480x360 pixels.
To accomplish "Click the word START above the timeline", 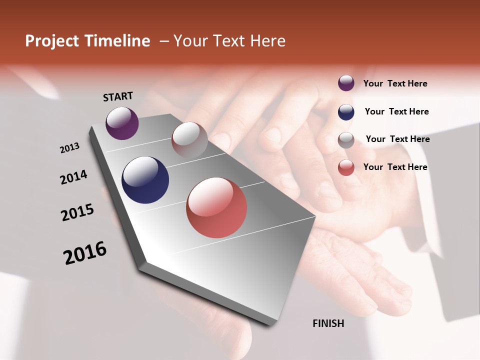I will [118, 96].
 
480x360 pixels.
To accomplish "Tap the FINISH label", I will [328, 323].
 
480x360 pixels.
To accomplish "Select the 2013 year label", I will [69, 148].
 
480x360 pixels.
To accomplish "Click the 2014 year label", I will [73, 177].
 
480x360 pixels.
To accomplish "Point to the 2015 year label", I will [77, 212].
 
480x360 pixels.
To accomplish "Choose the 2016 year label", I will [85, 253].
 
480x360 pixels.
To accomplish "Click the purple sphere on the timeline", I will [122, 123].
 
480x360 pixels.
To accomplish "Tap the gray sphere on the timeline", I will [189, 140].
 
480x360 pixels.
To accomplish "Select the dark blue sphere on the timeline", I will [145, 180].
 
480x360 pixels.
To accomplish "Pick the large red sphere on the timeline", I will [216, 207].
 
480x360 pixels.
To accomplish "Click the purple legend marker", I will [346, 83].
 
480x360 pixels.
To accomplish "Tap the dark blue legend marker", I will [346, 112].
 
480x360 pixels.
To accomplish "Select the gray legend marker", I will [346, 140].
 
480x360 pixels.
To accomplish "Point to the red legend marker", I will [346, 167].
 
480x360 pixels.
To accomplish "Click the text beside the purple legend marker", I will [395, 83].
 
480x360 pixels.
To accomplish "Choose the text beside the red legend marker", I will [395, 167].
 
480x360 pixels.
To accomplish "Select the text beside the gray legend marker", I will [397, 139].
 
